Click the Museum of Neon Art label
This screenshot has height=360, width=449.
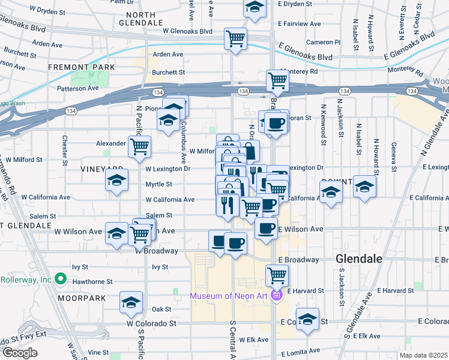pyautogui.click(x=231, y=295)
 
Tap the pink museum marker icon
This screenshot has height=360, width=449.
pyautogui.click(x=276, y=295)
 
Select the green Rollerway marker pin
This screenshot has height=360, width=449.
pyautogui.click(x=60, y=279)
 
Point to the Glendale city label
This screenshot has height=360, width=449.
pyautogui.click(x=359, y=259)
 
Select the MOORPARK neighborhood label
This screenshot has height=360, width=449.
pyautogui.click(x=81, y=298)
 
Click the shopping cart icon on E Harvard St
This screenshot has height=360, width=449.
pyautogui.click(x=277, y=275)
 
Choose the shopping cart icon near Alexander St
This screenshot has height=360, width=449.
pyautogui.click(x=139, y=145)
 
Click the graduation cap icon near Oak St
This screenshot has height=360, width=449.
pyautogui.click(x=130, y=303)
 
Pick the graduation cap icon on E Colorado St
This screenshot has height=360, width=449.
pyautogui.click(x=307, y=319)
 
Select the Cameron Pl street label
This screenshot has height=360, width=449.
pyautogui.click(x=323, y=42)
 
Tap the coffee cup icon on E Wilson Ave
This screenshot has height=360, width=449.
pyautogui.click(x=266, y=228)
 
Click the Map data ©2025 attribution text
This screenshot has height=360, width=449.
pyautogui.click(x=424, y=355)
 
